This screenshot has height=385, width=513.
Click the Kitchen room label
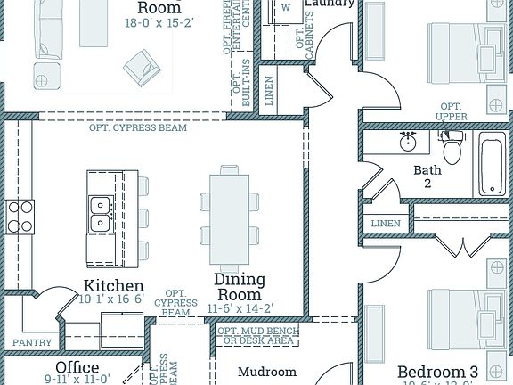tap(114, 286)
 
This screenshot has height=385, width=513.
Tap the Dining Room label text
tap(240, 287)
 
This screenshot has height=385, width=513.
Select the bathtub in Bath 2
tap(493, 164)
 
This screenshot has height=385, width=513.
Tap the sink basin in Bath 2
tap(410, 142)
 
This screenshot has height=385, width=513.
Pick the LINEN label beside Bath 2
tap(386, 223)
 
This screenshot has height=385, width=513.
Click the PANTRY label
tap(31, 342)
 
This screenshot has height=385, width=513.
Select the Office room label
tap(77, 367)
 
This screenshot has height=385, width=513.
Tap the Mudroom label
tap(266, 371)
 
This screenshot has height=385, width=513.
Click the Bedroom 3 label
tap(437, 371)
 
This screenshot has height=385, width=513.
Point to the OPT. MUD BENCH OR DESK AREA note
tap(259, 335)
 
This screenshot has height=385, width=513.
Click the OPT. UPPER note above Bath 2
tap(452, 111)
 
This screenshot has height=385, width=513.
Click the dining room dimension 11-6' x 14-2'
tap(240, 308)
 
